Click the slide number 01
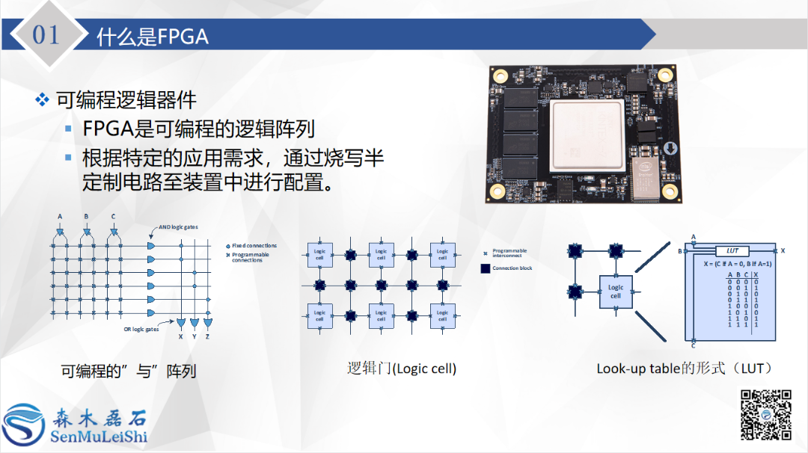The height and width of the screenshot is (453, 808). click(46, 35)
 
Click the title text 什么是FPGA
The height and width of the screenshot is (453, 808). click(152, 37)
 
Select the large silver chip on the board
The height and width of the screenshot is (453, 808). click(587, 135)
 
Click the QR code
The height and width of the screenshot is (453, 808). click(765, 414)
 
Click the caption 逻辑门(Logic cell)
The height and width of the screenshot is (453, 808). click(402, 368)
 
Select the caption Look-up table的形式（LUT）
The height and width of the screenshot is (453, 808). click(684, 368)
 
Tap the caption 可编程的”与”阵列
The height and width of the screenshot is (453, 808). click(128, 371)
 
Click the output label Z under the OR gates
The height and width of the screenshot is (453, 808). click(207, 336)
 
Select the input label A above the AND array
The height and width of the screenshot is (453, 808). click(59, 217)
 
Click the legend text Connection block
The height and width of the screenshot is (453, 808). click(512, 268)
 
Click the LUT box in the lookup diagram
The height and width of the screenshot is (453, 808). click(732, 251)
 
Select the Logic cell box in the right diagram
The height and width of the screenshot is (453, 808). click(616, 292)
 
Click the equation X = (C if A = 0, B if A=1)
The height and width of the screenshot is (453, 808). click(732, 264)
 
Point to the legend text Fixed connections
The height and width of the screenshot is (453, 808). click(254, 245)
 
